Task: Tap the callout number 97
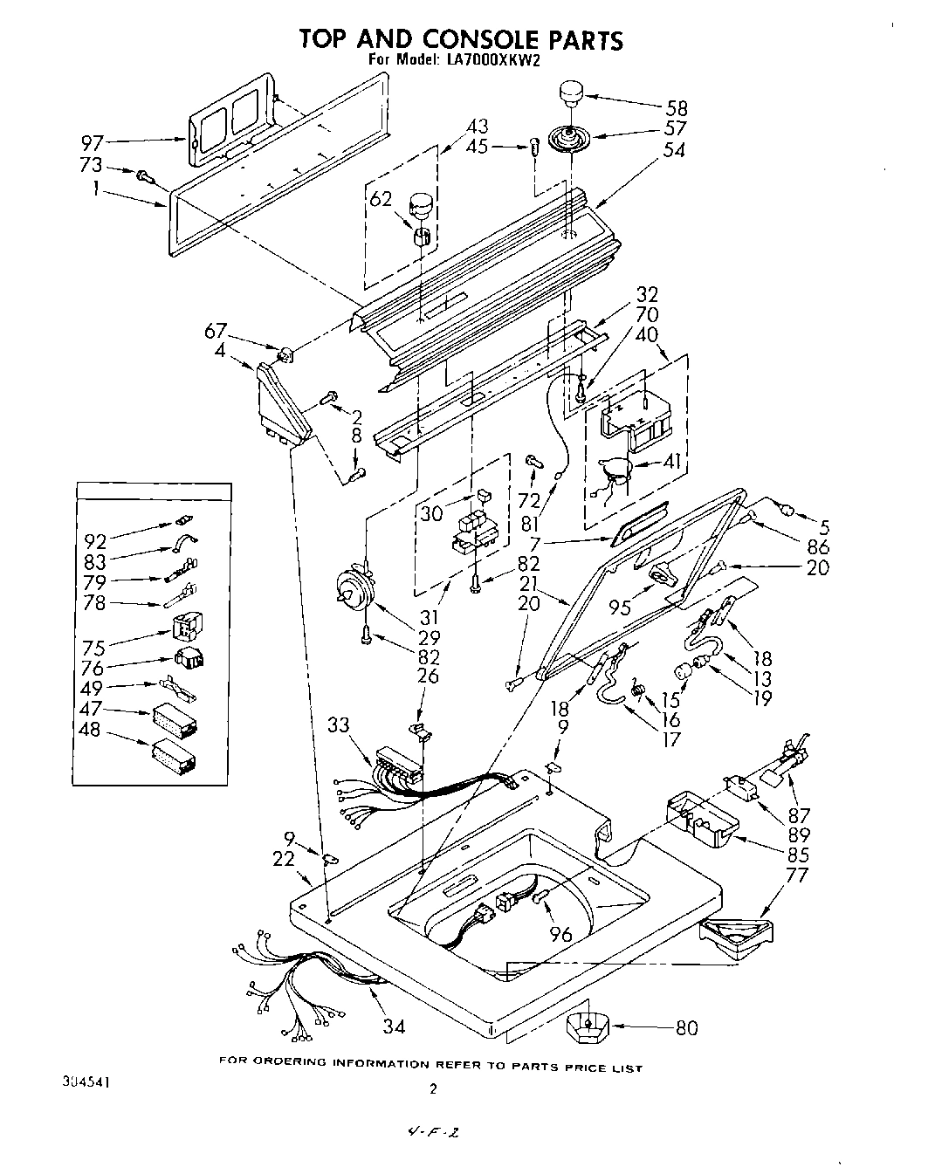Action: (x=93, y=142)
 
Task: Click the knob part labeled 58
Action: (x=571, y=91)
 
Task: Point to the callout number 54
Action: (x=673, y=149)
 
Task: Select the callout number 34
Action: (x=394, y=1026)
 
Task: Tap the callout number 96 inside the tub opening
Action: (x=561, y=935)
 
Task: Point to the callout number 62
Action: (x=381, y=198)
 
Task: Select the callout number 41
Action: (x=672, y=462)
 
